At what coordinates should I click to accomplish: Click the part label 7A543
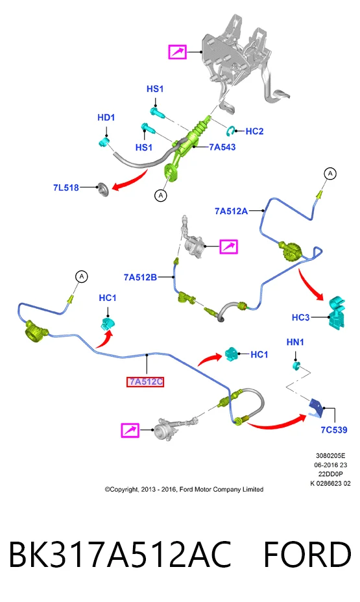click(222, 147)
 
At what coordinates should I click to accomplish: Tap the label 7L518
click(66, 187)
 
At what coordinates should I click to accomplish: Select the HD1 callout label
click(106, 117)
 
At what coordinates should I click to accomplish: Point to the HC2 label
click(254, 131)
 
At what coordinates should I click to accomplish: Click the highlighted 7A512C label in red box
click(145, 382)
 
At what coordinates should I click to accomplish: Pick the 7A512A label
click(231, 211)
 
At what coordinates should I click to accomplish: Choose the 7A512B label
click(141, 277)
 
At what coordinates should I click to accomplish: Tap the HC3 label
click(301, 317)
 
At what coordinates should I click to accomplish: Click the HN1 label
click(295, 342)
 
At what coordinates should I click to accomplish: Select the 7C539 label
click(334, 430)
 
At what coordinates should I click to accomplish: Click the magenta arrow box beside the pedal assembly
click(178, 52)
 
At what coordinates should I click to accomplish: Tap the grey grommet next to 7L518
click(103, 189)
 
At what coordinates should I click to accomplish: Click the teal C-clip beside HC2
click(231, 130)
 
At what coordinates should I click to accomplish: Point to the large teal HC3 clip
click(337, 312)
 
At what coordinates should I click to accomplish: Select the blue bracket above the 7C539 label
click(317, 407)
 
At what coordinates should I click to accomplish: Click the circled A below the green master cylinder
click(161, 195)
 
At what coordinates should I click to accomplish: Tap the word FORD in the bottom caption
click(307, 554)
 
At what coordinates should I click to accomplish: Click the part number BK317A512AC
click(120, 554)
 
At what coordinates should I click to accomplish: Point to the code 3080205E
click(330, 456)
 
